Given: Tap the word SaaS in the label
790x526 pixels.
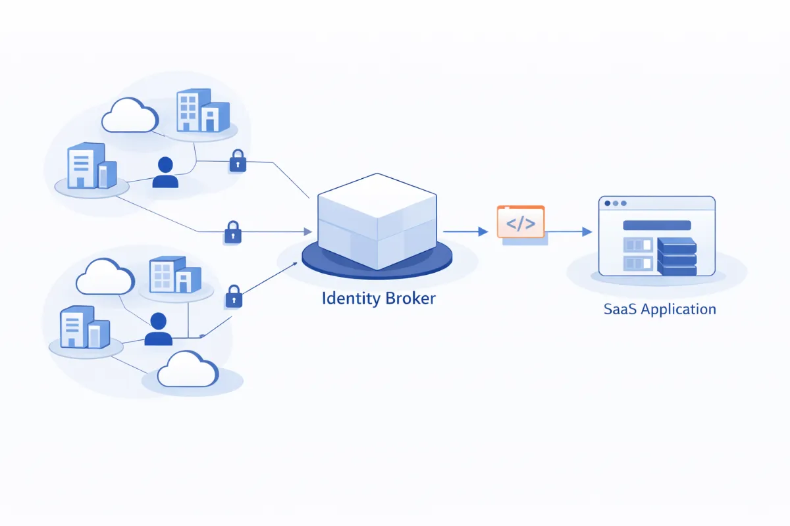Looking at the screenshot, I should coord(619,309).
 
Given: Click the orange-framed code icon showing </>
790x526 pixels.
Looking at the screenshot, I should coord(521,222).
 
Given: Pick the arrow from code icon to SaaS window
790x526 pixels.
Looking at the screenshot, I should coord(569,231).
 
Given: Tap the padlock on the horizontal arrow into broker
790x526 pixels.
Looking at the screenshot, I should coord(232,231).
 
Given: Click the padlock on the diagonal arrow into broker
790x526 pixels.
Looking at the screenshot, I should coord(234,296).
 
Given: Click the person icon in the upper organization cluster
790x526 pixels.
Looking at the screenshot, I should coord(165,173).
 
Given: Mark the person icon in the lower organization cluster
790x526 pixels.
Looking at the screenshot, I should coord(158,329).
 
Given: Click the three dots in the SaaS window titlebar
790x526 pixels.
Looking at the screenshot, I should coord(615,204).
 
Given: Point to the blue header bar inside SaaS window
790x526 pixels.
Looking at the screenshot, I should coord(656,225).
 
